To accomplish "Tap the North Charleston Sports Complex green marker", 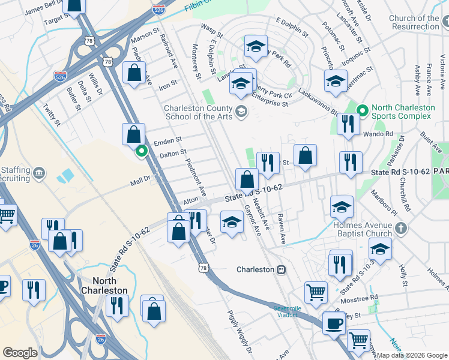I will (x=362, y=110).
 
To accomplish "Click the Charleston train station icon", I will (x=280, y=270).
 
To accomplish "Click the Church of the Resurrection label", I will (x=414, y=22).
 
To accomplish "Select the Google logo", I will (x=20, y=353).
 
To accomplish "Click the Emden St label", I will (x=167, y=140).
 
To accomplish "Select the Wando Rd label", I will (x=381, y=134).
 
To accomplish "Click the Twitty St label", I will (x=52, y=113).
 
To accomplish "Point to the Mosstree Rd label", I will (x=358, y=298).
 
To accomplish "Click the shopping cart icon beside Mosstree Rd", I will (x=316, y=292).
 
